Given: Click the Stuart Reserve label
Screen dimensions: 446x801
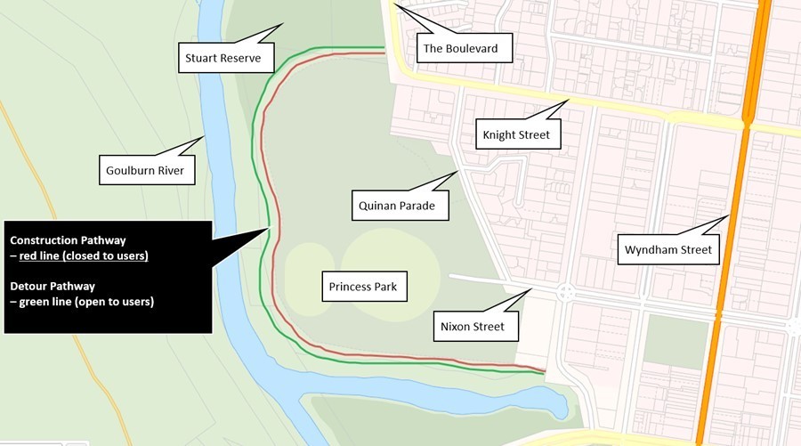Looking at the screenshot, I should (222, 60).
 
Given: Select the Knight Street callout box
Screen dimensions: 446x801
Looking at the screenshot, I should (516, 135).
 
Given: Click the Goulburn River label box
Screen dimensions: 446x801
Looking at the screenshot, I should (146, 169).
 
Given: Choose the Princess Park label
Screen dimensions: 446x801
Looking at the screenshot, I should (362, 287).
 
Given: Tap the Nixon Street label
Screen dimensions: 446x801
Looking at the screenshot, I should (472, 326).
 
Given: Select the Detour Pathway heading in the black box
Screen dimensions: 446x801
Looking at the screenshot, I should (53, 287).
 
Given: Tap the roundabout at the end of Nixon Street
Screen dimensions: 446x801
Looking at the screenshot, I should (565, 291).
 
